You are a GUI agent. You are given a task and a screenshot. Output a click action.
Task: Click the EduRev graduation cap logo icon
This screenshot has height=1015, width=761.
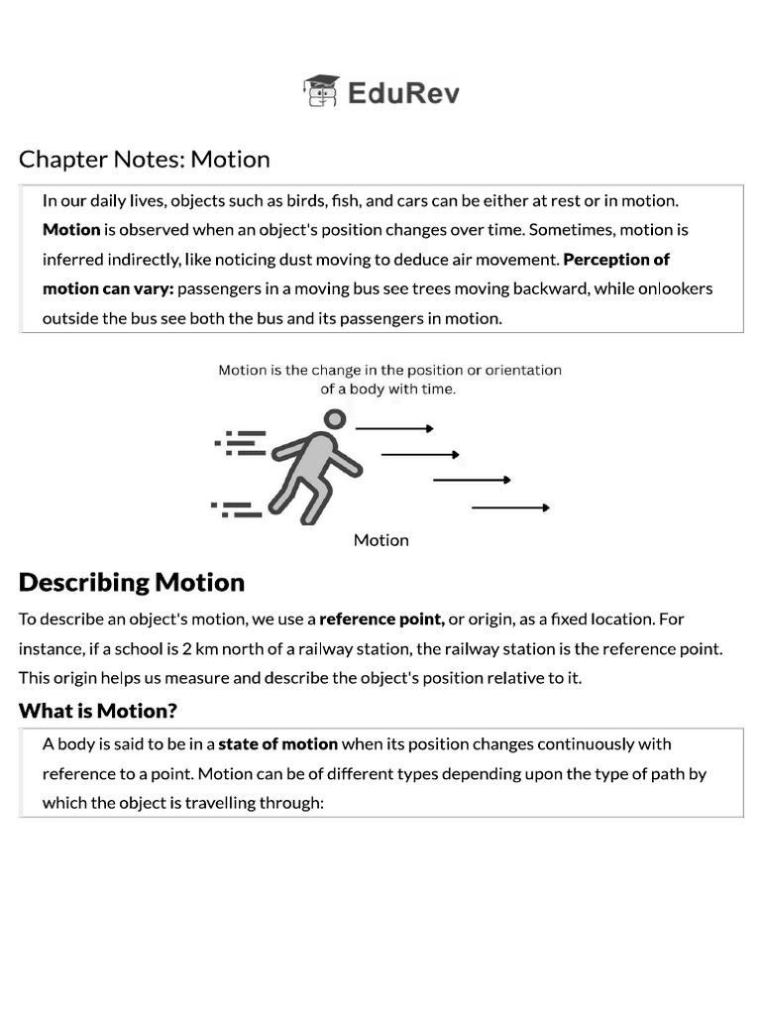(x=321, y=91)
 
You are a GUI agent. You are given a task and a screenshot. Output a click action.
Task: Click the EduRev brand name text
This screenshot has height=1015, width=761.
(x=403, y=93)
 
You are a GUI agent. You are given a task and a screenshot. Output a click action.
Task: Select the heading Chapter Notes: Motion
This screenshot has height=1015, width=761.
(x=145, y=159)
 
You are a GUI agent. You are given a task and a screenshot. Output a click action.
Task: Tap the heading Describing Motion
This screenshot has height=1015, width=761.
(x=132, y=582)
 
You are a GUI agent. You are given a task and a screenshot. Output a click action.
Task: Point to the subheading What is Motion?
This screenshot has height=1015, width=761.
(x=98, y=711)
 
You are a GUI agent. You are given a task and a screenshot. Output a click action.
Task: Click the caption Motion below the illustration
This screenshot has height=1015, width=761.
(x=381, y=540)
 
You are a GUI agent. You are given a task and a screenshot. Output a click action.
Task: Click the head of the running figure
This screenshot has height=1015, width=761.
(x=336, y=419)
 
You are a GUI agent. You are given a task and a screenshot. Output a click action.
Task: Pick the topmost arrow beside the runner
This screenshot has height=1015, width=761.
(x=394, y=428)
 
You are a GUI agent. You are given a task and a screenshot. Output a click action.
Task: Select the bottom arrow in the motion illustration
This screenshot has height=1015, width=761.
(x=510, y=507)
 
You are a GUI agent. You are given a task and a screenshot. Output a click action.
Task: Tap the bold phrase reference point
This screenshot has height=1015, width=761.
(x=381, y=620)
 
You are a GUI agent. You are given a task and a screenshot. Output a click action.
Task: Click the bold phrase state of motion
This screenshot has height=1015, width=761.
(x=278, y=744)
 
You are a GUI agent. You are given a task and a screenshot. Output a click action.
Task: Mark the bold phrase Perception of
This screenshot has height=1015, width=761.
(x=616, y=260)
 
